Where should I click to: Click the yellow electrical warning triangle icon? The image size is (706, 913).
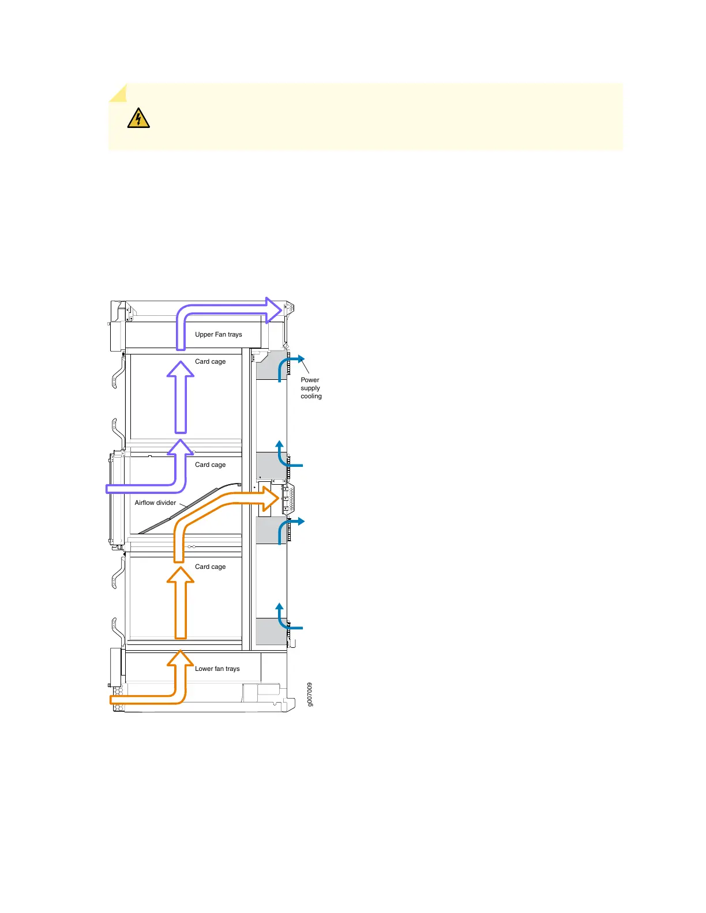[138, 118]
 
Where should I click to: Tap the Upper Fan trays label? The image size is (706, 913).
[218, 334]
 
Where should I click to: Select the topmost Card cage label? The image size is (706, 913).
[210, 361]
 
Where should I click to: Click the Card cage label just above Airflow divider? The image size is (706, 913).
[210, 465]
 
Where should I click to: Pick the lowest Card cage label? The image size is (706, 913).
[210, 567]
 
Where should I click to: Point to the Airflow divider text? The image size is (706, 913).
[155, 503]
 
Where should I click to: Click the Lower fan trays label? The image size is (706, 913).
[217, 669]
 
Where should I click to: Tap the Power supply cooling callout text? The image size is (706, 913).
[311, 388]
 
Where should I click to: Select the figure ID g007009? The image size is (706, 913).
[310, 695]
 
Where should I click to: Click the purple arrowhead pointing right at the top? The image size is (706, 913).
[274, 310]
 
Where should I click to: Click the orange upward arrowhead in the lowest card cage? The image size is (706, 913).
[181, 575]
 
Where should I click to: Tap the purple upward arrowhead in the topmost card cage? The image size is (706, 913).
[181, 369]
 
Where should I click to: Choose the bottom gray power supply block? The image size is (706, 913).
[271, 631]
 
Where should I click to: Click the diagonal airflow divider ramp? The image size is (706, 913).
[185, 510]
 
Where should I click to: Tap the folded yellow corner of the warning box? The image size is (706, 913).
[118, 93]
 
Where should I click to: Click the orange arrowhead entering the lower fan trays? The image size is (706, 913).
[181, 659]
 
